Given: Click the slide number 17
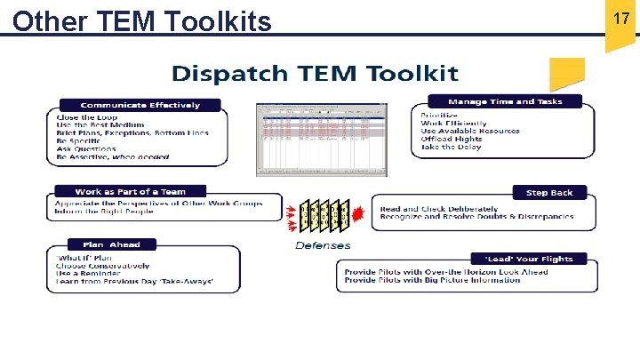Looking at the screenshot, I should coord(621,18).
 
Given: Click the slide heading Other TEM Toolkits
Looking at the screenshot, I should coord(142,20).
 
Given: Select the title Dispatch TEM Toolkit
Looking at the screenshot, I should coord(315,73).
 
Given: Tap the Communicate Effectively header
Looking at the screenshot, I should coord(140,105).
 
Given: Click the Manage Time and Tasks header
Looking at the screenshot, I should coord(505,101).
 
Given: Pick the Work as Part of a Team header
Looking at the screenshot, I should coord(130,191).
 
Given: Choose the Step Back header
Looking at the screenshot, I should coord(549,192).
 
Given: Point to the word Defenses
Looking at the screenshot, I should coord(323,245).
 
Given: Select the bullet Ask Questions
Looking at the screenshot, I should coord(87,148).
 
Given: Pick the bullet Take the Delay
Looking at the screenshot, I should coord(451,147).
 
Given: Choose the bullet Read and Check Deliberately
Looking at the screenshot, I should coord(442,208).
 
